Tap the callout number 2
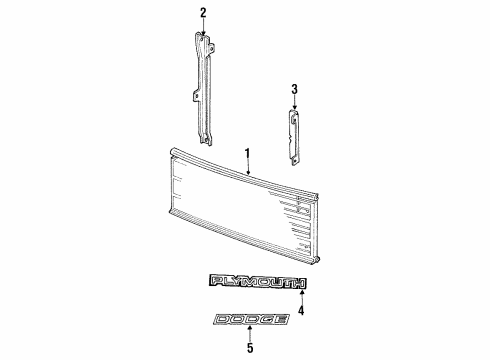pos(203,12)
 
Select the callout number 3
pos(294,90)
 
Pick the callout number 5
pos(251,349)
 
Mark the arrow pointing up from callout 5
pos(251,334)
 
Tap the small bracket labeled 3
pos(293,134)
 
